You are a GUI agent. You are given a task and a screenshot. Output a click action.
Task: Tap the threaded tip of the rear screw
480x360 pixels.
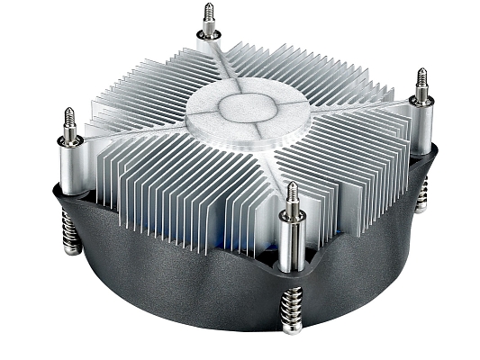point(209,19)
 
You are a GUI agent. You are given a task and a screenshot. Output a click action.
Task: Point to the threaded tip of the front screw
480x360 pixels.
point(291,196)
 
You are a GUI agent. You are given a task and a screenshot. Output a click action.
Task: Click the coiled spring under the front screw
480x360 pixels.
point(293,311)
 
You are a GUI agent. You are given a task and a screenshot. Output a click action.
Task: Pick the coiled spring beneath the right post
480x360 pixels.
point(421,196)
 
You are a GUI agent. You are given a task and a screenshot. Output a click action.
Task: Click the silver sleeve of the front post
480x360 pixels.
point(291,243)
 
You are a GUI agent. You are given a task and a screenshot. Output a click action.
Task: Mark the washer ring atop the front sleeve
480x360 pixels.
point(291,216)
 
